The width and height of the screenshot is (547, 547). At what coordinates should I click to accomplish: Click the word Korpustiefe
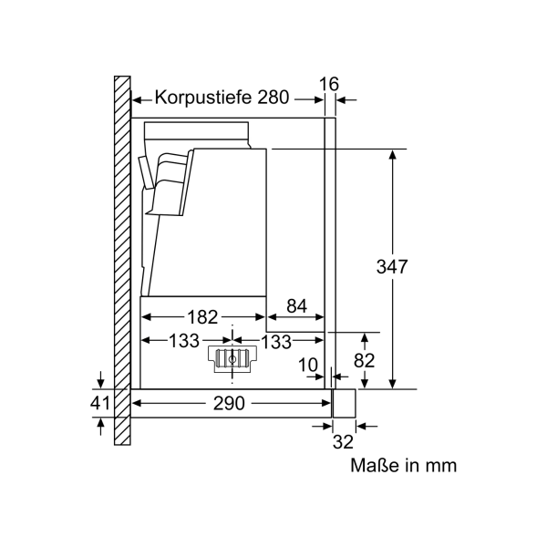point(203,97)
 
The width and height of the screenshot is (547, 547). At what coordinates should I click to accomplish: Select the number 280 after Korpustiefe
point(273,97)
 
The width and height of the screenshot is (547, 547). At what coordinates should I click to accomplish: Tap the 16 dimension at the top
point(328,84)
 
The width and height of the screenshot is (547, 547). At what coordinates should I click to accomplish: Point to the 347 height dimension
point(392,267)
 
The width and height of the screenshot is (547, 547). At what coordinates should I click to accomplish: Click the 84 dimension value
point(297,306)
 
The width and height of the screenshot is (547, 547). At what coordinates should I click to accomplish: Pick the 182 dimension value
point(202,317)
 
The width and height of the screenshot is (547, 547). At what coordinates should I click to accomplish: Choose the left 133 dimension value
point(184,341)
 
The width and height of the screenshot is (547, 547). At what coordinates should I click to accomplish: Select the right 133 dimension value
point(276,342)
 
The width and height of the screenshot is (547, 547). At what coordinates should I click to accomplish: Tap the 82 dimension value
point(364,360)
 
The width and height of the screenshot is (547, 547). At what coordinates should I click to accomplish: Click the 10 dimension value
point(308,366)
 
